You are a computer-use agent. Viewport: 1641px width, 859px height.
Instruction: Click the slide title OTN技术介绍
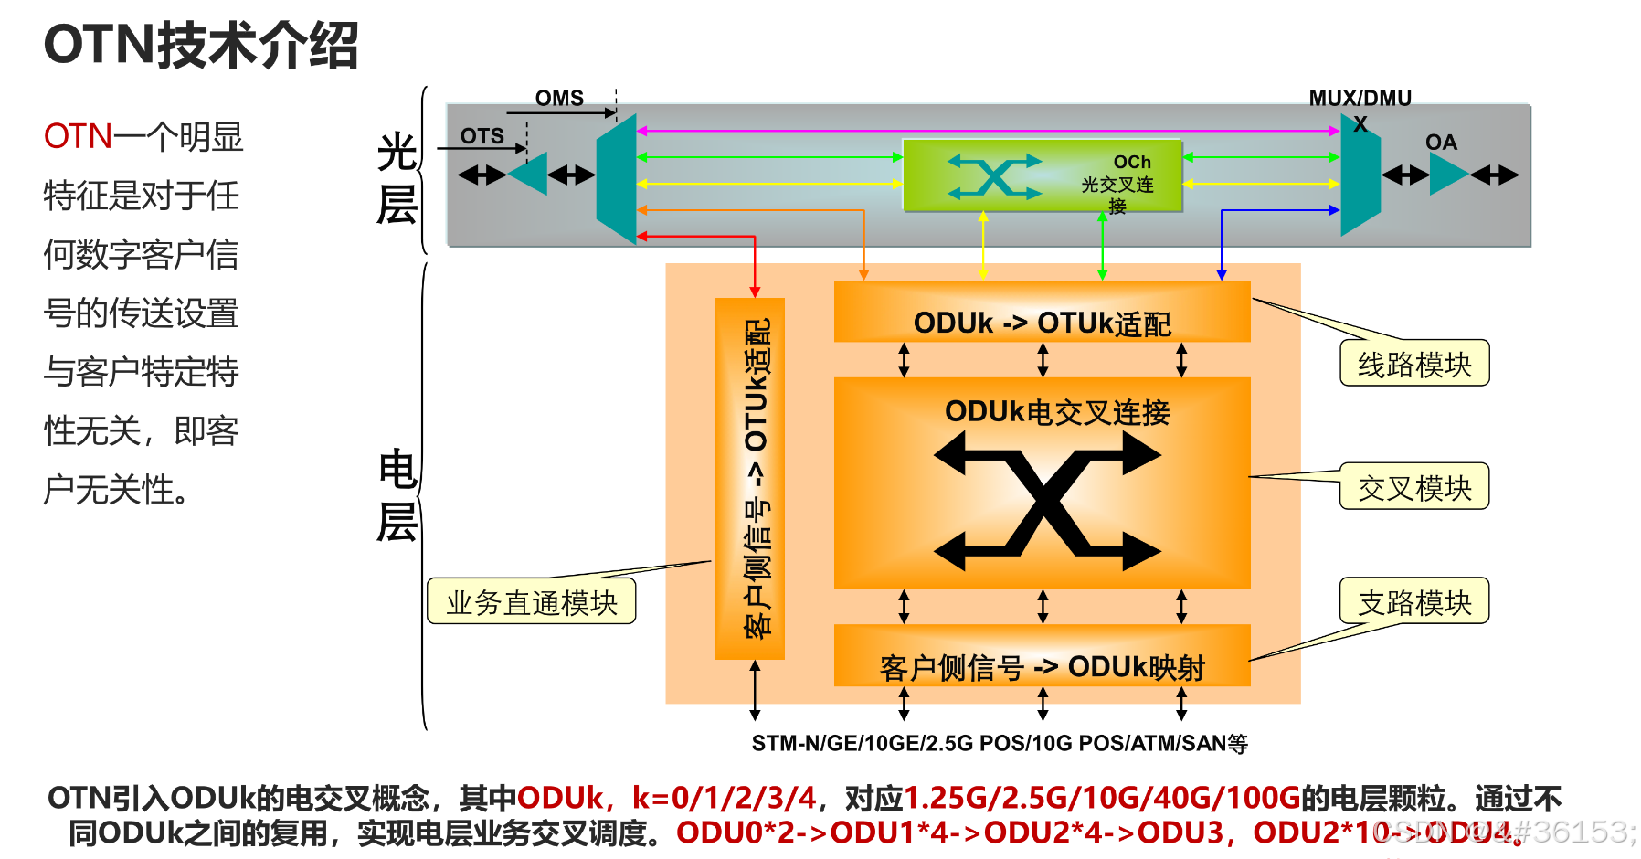point(201,46)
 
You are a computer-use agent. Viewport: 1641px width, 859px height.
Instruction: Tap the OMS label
point(559,98)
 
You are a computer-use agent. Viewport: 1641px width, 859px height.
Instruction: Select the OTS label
point(482,136)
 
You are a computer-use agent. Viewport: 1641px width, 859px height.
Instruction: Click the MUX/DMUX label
point(1360,99)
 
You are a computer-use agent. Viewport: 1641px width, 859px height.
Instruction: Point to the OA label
point(1441,143)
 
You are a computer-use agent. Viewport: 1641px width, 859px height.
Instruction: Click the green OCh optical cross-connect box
point(1042,175)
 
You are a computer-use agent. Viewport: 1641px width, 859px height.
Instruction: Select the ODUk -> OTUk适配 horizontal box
point(1042,313)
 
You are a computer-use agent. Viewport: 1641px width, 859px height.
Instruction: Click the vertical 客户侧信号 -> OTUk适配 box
point(750,478)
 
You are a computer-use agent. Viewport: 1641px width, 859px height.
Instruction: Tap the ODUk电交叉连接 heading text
point(1057,412)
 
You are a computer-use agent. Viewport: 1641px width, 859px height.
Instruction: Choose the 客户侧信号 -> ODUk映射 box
point(1042,656)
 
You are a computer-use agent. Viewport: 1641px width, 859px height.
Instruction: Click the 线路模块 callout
point(1414,364)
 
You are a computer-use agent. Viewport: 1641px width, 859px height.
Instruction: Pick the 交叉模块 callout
point(1414,487)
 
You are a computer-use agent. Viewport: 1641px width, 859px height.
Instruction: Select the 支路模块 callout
point(1414,601)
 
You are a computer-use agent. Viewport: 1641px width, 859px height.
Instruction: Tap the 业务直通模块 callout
point(532,602)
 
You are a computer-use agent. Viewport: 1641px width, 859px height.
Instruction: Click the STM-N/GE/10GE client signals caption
point(1000,743)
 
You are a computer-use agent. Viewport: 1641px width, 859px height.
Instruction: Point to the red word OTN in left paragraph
point(79,137)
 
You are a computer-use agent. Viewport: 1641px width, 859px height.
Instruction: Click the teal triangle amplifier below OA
point(1447,175)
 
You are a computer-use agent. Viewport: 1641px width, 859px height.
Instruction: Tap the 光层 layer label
point(397,177)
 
